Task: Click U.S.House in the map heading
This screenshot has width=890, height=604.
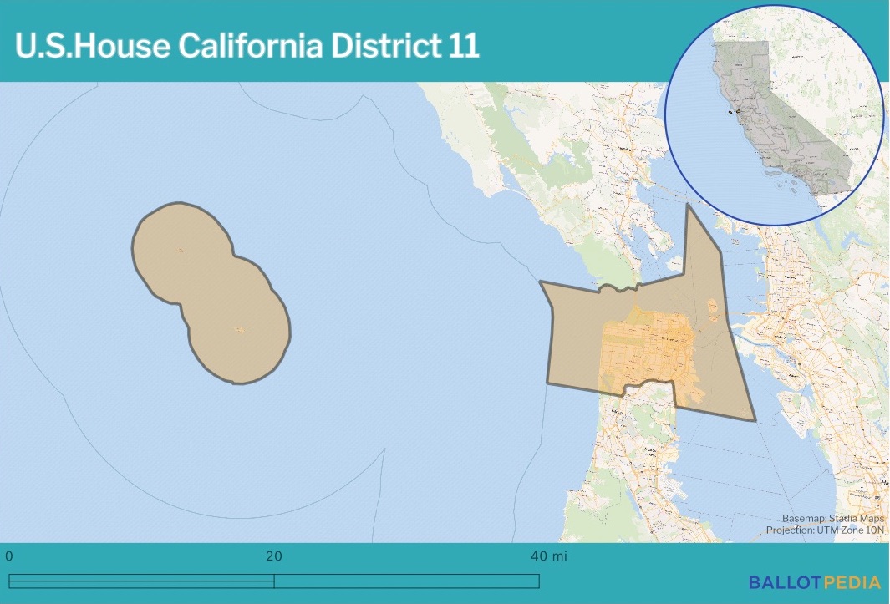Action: (91, 46)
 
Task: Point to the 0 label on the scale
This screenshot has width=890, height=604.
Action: (9, 556)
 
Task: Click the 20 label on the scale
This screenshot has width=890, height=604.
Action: (274, 556)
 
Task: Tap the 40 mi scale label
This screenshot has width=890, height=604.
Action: (550, 556)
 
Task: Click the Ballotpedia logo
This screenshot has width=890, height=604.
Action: (814, 582)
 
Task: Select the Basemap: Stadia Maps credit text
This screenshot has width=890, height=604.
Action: (832, 518)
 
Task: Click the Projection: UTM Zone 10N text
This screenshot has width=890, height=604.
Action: (825, 530)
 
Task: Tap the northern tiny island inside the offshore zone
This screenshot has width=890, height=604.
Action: (179, 250)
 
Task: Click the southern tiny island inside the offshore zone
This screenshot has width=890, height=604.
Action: (240, 331)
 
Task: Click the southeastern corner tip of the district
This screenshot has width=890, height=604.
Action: (755, 419)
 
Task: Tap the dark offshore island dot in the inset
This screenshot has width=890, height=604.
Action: (730, 111)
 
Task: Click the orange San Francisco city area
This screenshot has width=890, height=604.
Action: (648, 351)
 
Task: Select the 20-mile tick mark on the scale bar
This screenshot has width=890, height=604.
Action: (274, 581)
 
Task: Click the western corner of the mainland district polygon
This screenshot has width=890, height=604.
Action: (541, 282)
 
